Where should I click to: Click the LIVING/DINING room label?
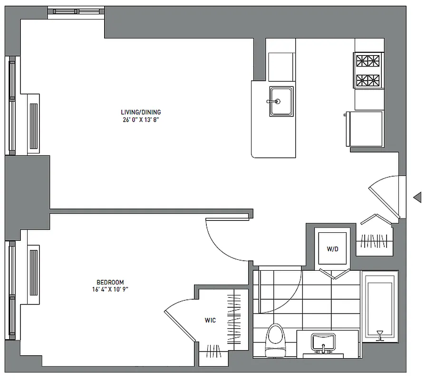click(141, 112)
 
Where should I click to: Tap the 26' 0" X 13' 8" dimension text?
click(141, 120)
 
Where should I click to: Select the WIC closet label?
click(210, 321)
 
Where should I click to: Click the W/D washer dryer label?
click(332, 249)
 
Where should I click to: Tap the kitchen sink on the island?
click(281, 101)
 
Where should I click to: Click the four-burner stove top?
click(368, 70)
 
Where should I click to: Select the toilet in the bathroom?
click(276, 338)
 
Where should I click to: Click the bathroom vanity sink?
click(323, 343)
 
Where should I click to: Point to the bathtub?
click(380, 306)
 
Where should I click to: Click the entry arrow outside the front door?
click(417, 197)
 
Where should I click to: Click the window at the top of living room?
click(76, 11)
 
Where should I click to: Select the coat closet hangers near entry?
click(376, 241)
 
